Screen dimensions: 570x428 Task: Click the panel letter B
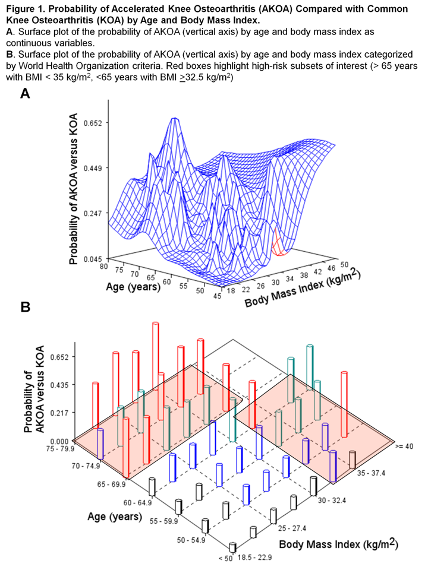[25, 308]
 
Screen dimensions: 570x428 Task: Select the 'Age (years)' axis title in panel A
[133, 288]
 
